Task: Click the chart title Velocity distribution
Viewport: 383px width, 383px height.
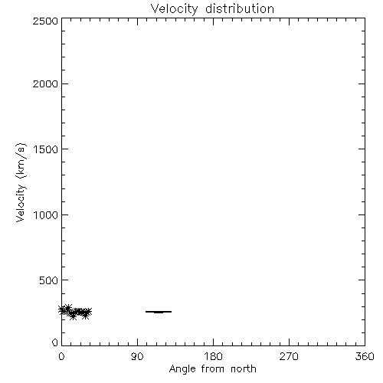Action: pyautogui.click(x=212, y=9)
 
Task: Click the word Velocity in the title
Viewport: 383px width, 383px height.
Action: pyautogui.click(x=174, y=9)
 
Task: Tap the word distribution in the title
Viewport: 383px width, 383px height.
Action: pyautogui.click(x=240, y=8)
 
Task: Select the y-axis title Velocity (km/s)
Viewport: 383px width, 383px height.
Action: pyautogui.click(x=21, y=182)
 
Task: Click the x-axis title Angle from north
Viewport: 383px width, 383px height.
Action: pyautogui.click(x=212, y=369)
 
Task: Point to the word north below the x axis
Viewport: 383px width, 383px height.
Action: pyautogui.click(x=244, y=368)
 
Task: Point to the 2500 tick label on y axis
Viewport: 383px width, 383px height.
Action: pyautogui.click(x=45, y=21)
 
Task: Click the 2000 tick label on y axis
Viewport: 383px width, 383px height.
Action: pyautogui.click(x=45, y=83)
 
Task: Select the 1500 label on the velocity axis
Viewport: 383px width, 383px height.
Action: pyautogui.click(x=46, y=149)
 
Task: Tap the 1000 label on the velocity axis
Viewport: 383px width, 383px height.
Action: pyautogui.click(x=46, y=214)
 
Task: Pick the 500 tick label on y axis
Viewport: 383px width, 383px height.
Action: pyautogui.click(x=49, y=280)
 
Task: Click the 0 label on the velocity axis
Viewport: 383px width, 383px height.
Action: pyautogui.click(x=55, y=342)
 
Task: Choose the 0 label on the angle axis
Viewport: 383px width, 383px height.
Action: pyautogui.click(x=61, y=356)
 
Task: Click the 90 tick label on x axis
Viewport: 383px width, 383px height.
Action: pyautogui.click(x=137, y=356)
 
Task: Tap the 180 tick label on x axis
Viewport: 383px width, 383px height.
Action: pyautogui.click(x=213, y=356)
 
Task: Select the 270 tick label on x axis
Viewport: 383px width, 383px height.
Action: pyautogui.click(x=289, y=356)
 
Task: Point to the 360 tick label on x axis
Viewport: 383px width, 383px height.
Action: pyautogui.click(x=365, y=356)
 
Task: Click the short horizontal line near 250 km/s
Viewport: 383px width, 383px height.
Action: pyautogui.click(x=159, y=312)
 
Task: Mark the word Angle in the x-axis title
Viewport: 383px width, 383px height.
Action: pyautogui.click(x=182, y=369)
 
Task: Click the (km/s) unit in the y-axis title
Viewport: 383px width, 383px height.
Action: pyautogui.click(x=21, y=160)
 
